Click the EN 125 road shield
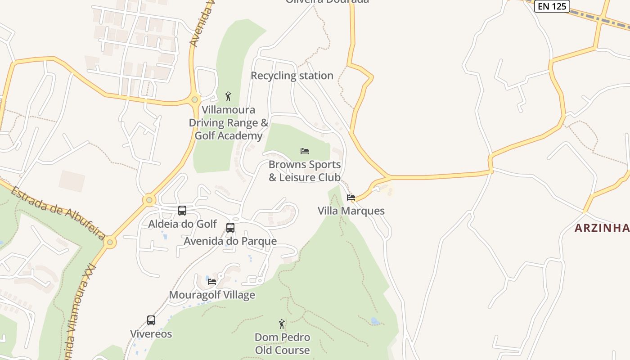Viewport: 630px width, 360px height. [x=552, y=6]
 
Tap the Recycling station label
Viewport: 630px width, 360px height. [x=292, y=76]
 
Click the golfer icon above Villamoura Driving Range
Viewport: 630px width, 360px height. [x=228, y=96]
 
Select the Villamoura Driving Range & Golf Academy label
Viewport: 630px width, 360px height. [x=228, y=123]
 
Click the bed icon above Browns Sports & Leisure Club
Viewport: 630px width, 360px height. [x=305, y=151]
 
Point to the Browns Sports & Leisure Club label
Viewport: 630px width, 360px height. [x=305, y=171]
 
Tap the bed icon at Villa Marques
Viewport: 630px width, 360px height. [x=351, y=197]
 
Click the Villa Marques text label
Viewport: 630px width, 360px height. [x=351, y=211]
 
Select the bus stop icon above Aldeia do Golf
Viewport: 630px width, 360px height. [x=182, y=210]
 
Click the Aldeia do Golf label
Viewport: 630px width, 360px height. [x=182, y=224]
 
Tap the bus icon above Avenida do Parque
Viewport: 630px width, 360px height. [x=230, y=227]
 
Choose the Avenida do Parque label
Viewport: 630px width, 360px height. [x=230, y=241]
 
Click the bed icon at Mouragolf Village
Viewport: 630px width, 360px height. [x=212, y=281]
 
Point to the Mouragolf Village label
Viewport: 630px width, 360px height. [x=212, y=295]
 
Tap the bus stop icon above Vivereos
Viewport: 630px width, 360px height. [x=151, y=320]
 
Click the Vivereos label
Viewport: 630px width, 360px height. [x=151, y=334]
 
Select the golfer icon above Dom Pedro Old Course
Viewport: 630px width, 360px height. [x=282, y=324]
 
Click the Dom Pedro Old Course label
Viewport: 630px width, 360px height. [x=282, y=344]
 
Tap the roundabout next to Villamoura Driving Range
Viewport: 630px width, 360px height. [x=194, y=99]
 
